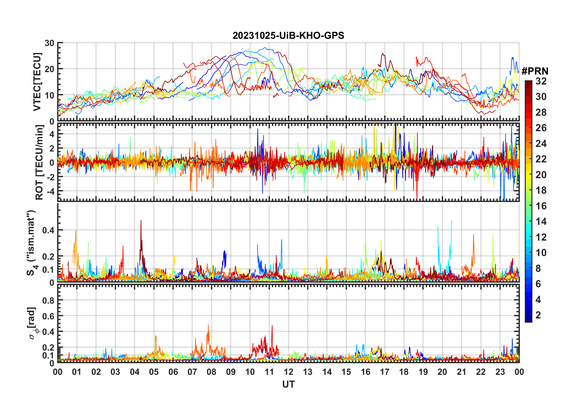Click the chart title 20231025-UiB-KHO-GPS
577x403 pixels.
288,36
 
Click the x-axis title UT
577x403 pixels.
288,385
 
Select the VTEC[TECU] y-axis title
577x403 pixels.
37,82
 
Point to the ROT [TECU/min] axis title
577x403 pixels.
39,162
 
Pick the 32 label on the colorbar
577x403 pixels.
541,81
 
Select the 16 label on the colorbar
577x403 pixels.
541,206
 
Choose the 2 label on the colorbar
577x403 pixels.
538,315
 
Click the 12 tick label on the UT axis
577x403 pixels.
288,372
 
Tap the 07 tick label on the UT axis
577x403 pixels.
192,372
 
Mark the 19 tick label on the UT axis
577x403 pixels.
423,372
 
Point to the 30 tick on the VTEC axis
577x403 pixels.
49,43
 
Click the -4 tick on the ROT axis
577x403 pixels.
49,191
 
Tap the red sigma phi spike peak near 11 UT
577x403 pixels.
272,326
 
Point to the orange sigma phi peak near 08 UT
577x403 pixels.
208,325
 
